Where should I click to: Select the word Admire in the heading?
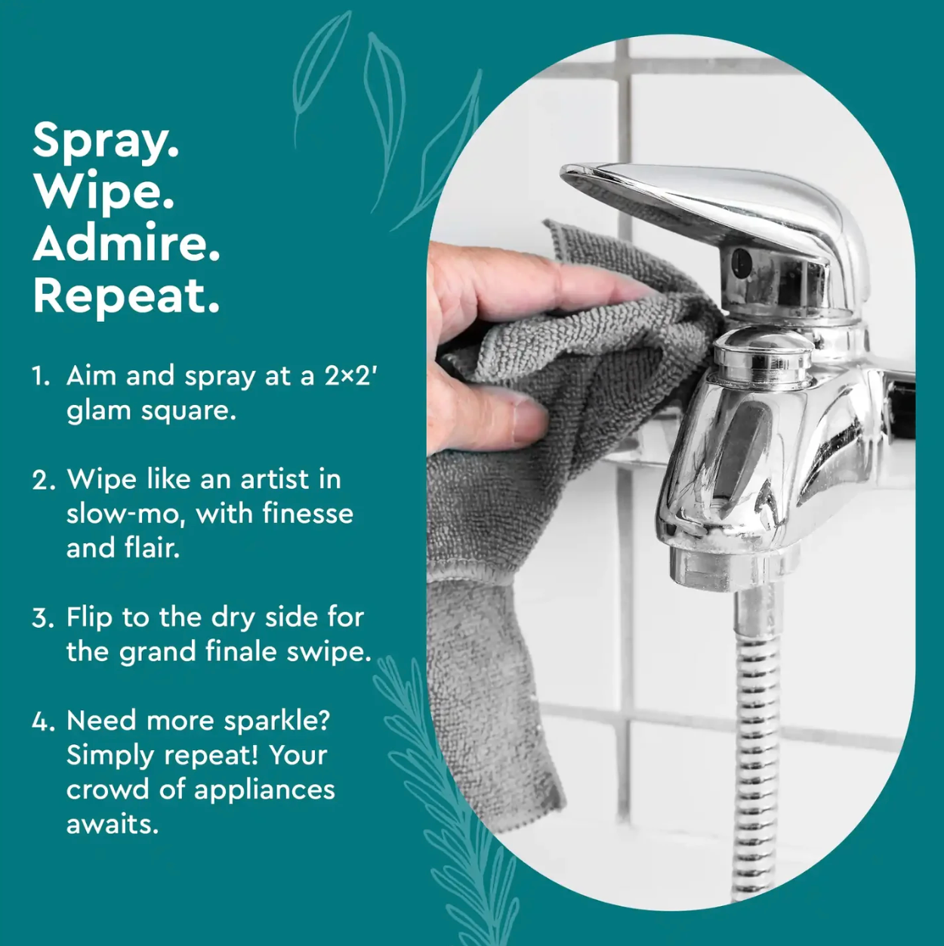(x=126, y=243)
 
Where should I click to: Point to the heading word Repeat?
(x=126, y=296)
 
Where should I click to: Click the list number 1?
(x=42, y=376)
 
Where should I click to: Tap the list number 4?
(x=43, y=721)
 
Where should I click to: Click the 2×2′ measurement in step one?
(x=350, y=376)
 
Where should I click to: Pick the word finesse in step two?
(x=308, y=514)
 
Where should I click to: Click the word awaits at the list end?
(x=113, y=824)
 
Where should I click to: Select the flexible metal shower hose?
(x=756, y=737)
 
